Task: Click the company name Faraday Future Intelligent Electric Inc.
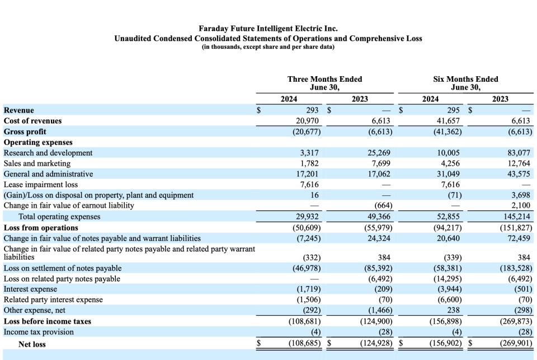point(268,28)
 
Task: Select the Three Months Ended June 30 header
point(324,83)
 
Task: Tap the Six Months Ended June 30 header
point(465,83)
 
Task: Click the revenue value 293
point(312,110)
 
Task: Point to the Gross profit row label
point(25,132)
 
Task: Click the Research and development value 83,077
point(520,153)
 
